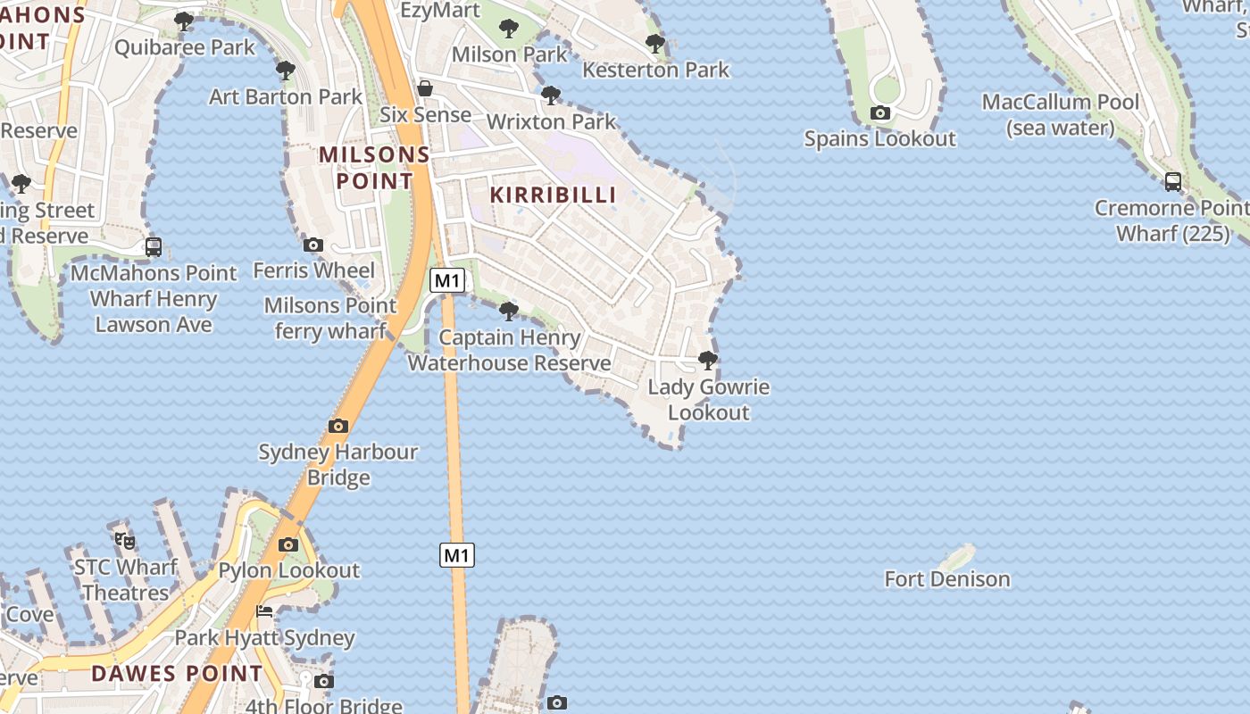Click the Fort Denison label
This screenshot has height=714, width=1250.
point(947,579)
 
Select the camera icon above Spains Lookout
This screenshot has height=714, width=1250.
point(880,112)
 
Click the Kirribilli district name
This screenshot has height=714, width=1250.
point(554,195)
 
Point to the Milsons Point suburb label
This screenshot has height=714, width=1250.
point(374,167)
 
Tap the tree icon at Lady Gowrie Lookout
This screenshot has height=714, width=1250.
point(708,361)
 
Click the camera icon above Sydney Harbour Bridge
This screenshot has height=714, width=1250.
point(338,426)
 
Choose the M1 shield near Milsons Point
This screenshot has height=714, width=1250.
point(447,280)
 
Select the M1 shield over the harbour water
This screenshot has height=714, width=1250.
point(456,555)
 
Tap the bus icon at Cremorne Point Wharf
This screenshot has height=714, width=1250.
point(1173,182)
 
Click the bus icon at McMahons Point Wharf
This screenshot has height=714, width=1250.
point(154,246)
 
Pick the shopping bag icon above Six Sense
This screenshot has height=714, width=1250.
point(425,88)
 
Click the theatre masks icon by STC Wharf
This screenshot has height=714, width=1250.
point(125,540)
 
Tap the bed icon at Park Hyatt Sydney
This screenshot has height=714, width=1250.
point(264,611)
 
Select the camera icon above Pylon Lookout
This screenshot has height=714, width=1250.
point(287,544)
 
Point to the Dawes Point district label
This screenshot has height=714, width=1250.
point(177,673)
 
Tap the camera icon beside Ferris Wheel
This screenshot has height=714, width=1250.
point(313,245)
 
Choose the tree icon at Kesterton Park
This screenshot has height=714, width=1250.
point(655,43)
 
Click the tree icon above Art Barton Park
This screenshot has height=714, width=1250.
point(286,70)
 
